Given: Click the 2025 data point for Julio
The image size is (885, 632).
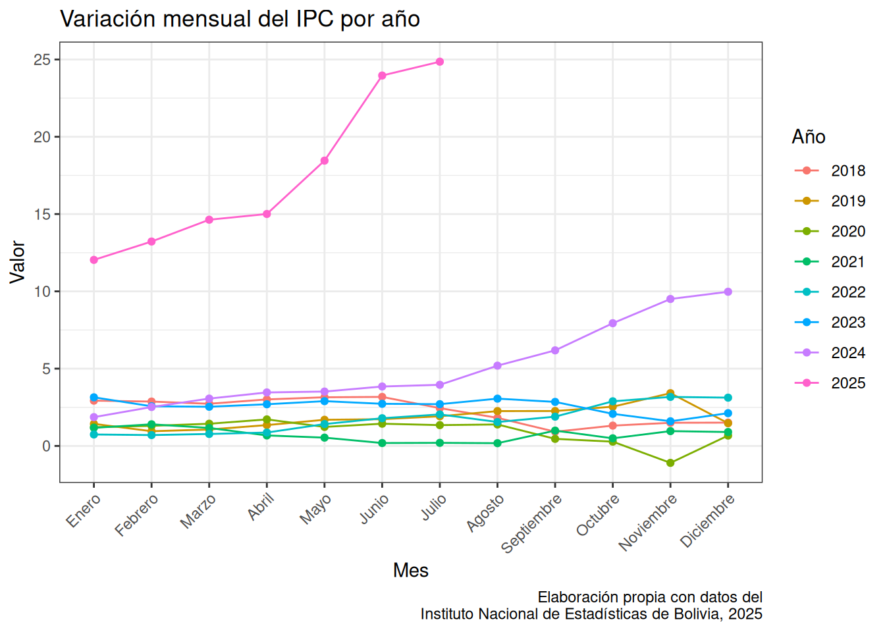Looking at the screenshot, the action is [439, 62].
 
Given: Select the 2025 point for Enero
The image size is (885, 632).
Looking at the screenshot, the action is [94, 260].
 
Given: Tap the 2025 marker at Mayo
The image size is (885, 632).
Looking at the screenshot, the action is [325, 161].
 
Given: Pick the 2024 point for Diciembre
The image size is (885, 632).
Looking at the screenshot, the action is [728, 292].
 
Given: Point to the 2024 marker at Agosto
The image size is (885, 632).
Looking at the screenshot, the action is [497, 366].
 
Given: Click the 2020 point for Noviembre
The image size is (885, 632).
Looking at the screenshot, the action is [670, 463].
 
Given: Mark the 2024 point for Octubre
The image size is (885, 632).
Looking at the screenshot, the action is [613, 323].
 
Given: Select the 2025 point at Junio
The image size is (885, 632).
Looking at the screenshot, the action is [382, 76].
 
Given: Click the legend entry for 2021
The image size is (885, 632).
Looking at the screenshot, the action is [830, 262].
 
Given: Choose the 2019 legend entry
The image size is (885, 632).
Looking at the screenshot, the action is [830, 201].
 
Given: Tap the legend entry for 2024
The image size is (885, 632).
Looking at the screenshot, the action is [830, 353].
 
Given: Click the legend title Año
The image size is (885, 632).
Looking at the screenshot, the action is [809, 137].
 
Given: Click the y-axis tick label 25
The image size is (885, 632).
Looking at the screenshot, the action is [42, 60].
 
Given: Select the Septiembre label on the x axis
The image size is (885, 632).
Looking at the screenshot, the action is [532, 524].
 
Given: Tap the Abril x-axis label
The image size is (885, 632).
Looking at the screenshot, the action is [261, 507].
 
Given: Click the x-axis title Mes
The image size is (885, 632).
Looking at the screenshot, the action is [411, 570].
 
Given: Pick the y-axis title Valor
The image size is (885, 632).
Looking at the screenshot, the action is [17, 262].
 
